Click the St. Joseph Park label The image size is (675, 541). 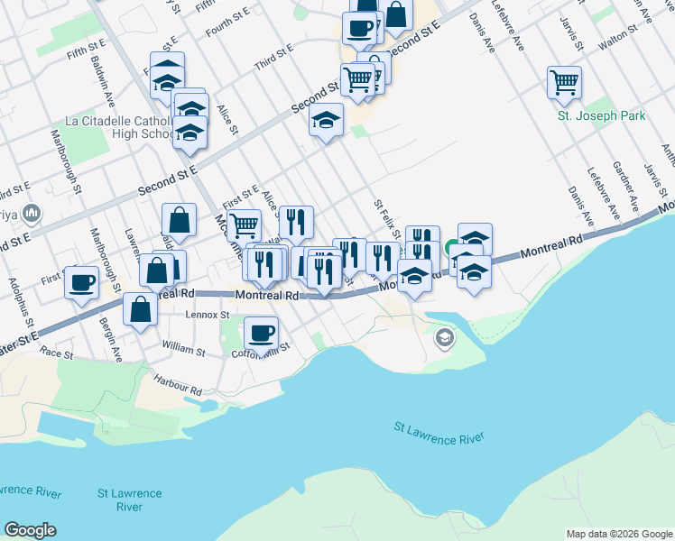pos(601,116)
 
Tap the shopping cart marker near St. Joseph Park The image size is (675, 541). pos(564,83)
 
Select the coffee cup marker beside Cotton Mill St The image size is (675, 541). pos(262,333)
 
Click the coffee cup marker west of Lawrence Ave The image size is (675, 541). pos(82,282)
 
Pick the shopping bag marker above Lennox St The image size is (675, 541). pos(140,309)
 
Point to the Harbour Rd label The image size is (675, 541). pos(177,386)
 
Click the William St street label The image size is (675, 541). pos(184,345)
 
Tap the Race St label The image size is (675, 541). pos(56,354)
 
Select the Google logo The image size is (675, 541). pos(30,530)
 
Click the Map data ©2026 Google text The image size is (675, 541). pos(619,534)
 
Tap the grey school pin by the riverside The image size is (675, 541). pos(443,339)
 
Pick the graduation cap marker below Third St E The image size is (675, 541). pos(327,120)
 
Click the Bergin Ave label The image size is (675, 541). pos(112,339)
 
